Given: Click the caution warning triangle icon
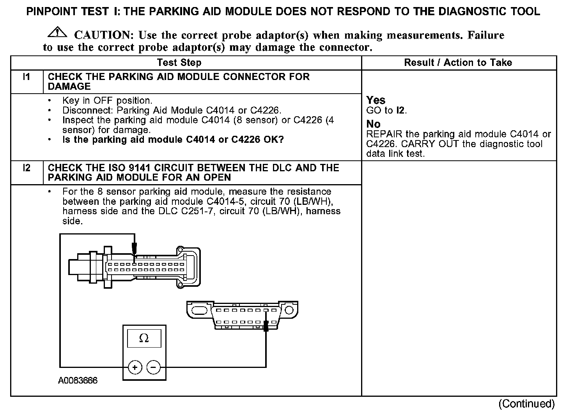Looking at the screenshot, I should [x=57, y=33].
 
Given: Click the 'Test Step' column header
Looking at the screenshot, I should [x=179, y=63].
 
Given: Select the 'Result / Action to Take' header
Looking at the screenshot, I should [x=458, y=63].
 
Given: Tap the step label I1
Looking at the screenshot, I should [x=27, y=76].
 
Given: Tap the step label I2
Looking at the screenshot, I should [x=27, y=168].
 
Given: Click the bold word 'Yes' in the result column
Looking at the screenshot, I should [x=376, y=100].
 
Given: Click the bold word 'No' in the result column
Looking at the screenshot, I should [x=373, y=124].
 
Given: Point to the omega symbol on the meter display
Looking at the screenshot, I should [x=144, y=338].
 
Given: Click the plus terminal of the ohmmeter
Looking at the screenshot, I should [x=135, y=367].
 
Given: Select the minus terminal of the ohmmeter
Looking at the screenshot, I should [x=153, y=367].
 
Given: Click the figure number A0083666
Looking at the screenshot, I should [x=78, y=381].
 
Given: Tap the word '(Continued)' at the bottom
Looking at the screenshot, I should [x=526, y=403].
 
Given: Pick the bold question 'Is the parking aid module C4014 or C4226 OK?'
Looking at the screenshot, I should [x=173, y=139].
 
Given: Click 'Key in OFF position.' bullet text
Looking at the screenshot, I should [x=107, y=100].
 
